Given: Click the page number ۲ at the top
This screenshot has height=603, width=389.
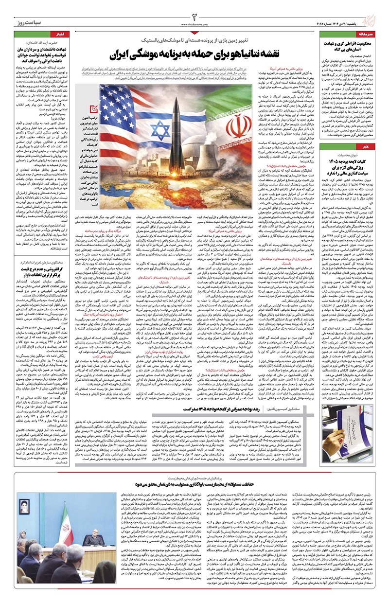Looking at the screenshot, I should tap(194, 10).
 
